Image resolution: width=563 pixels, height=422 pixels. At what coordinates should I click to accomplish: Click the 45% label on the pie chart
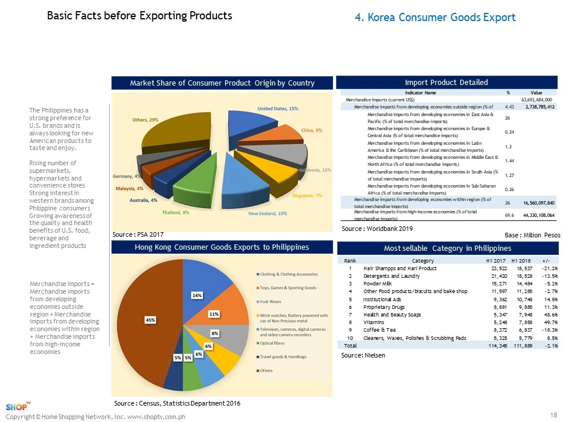point(151,320)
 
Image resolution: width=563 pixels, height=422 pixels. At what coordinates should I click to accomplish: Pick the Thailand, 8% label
point(176,212)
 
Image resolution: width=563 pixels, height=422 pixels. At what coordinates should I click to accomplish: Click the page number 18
point(553,415)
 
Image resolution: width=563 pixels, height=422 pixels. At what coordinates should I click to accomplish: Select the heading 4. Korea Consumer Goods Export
point(435,18)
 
